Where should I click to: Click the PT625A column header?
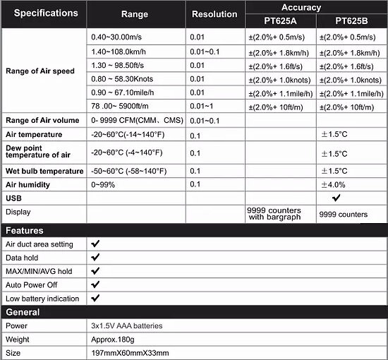(x=279, y=20)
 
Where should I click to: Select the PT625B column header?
(x=350, y=20)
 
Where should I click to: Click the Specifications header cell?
(x=41, y=13)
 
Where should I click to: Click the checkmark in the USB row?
(x=346, y=199)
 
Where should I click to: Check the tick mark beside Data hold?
(x=95, y=257)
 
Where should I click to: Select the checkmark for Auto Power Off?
(x=95, y=284)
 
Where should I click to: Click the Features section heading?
(x=25, y=230)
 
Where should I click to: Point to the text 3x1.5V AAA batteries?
(x=127, y=326)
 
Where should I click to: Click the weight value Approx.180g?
(x=113, y=340)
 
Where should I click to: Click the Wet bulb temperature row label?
(x=41, y=171)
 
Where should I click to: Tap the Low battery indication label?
(x=42, y=299)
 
